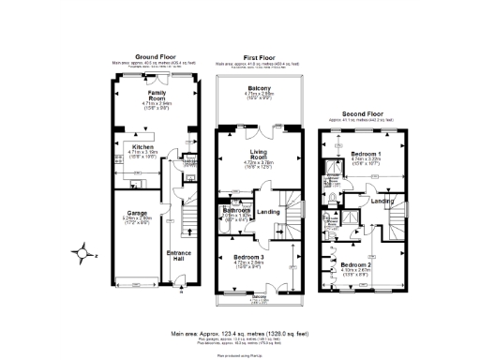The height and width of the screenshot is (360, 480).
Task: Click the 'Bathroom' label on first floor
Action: tap(235, 210)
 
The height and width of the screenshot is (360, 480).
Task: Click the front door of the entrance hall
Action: tap(178, 285)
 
